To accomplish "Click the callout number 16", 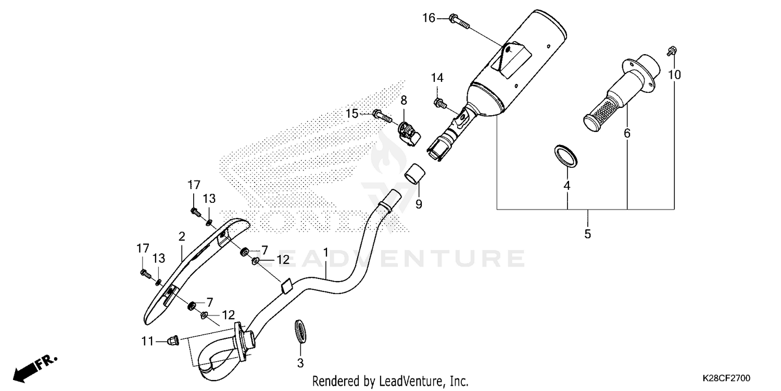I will pyautogui.click(x=429, y=19).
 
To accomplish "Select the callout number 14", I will pyautogui.click(x=437, y=78).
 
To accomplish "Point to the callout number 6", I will pyautogui.click(x=627, y=133).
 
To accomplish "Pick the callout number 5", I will pyautogui.click(x=587, y=234).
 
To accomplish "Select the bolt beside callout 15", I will pyautogui.click(x=382, y=115).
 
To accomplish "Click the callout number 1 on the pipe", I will pyautogui.click(x=325, y=253).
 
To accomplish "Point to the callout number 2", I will pyautogui.click(x=182, y=236).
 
